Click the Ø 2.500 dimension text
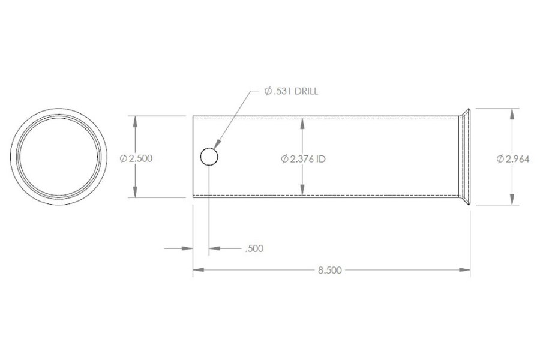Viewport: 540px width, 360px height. (137, 158)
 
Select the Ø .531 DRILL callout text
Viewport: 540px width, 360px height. (291, 92)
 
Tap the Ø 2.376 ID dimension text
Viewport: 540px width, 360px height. (303, 158)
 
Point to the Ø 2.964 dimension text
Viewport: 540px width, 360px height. (512, 158)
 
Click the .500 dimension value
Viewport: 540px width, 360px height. (254, 248)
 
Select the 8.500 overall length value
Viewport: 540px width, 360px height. (329, 271)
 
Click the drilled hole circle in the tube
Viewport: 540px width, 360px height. (209, 157)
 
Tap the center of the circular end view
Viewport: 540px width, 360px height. (59, 157)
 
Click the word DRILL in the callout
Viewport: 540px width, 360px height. (306, 92)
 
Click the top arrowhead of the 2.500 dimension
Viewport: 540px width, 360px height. (137, 120)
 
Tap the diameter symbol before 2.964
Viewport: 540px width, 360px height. (500, 158)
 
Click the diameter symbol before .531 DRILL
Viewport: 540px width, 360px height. (268, 92)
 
